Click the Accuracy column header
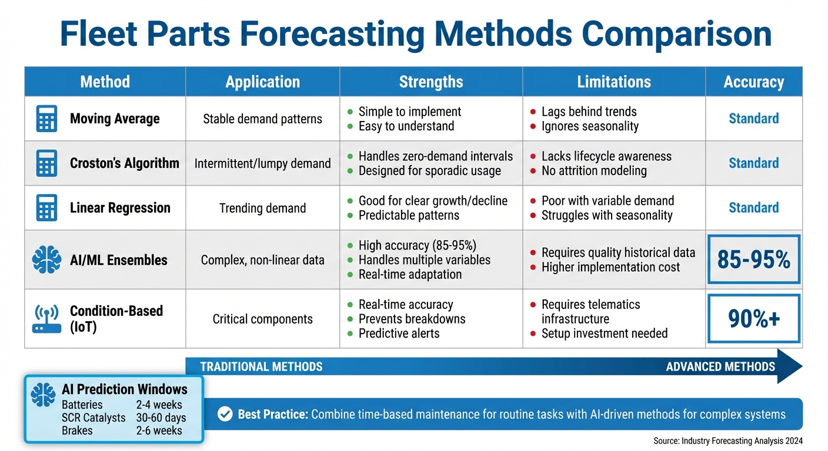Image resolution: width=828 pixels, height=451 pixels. [x=753, y=82]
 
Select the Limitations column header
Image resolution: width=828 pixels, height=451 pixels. [x=614, y=82]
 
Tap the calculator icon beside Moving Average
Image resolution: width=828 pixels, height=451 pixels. [x=46, y=119]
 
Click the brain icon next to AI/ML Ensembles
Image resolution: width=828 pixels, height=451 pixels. [x=46, y=260]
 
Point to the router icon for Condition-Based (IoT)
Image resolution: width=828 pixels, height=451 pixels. [x=46, y=319]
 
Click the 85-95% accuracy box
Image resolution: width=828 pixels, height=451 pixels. [x=753, y=260]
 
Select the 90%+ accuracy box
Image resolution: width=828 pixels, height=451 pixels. [x=753, y=318]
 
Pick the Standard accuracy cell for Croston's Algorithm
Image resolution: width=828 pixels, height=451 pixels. [x=753, y=163]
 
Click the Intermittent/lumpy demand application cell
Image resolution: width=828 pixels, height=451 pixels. [x=262, y=163]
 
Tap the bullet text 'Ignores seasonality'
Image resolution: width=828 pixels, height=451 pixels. [x=590, y=126]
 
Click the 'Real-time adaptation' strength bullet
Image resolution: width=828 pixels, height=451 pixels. [x=410, y=274]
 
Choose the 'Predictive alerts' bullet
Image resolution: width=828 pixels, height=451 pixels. [x=399, y=333]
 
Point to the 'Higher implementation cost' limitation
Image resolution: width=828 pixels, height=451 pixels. [x=610, y=267]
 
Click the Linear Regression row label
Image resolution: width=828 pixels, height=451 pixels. [x=120, y=208]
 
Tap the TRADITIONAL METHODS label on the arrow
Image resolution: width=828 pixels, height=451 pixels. [x=261, y=367]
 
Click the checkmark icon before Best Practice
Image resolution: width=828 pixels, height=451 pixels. [x=225, y=415]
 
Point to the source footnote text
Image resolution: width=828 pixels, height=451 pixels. [x=727, y=441]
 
